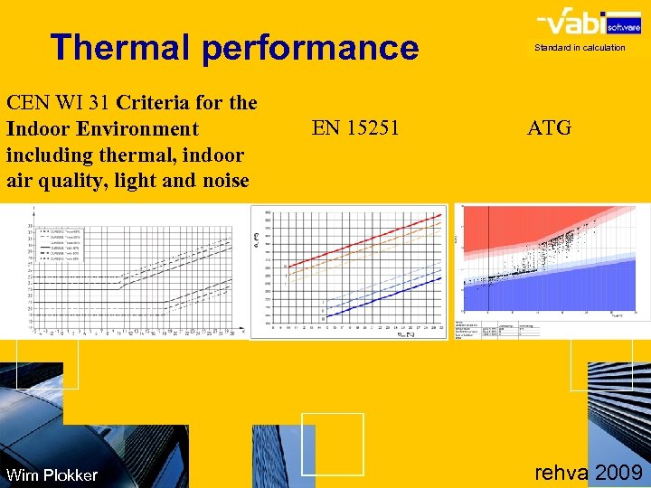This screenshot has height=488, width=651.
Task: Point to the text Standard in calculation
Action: point(580,48)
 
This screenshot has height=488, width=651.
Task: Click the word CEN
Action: point(28,102)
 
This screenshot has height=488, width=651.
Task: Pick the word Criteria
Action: point(154,102)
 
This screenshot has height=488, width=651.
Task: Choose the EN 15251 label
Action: point(355,128)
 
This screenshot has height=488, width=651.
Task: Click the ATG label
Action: point(550,128)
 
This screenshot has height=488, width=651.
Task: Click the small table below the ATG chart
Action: point(497,329)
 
